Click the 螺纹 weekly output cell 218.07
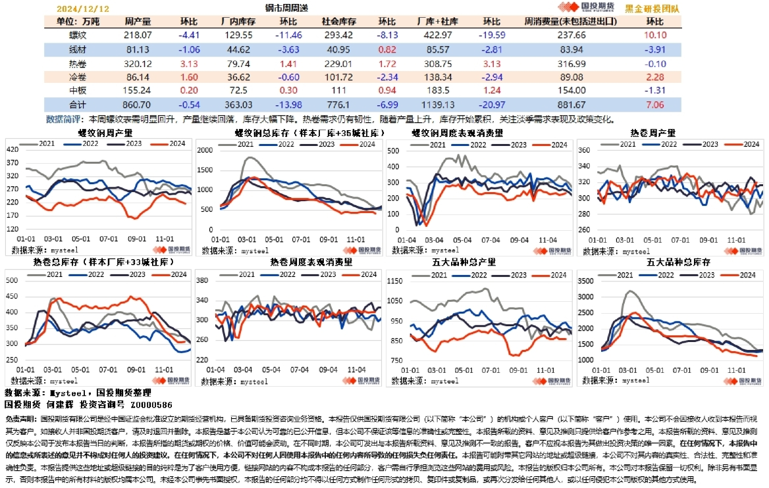click(138, 35)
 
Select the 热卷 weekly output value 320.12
click(138, 64)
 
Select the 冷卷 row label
click(77, 77)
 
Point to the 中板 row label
click(77, 90)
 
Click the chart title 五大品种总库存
click(670, 262)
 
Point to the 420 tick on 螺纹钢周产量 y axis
click(13, 150)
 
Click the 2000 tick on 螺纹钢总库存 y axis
click(203, 150)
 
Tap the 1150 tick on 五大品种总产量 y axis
click(395, 281)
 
